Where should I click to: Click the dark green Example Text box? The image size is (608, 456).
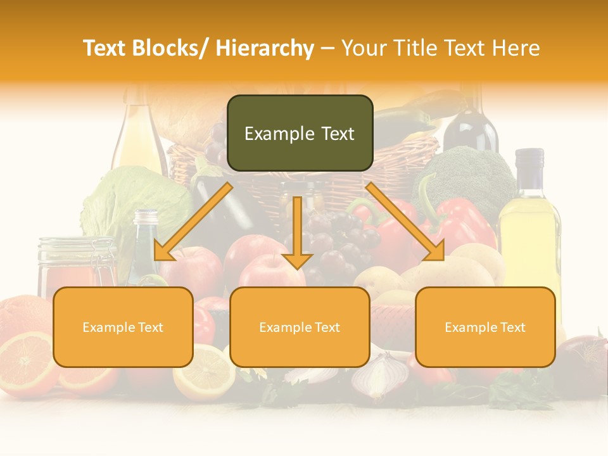[x=300, y=133]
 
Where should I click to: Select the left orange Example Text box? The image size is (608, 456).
[x=123, y=327]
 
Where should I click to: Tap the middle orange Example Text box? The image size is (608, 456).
[x=300, y=327]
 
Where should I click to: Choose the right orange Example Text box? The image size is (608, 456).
[x=485, y=327]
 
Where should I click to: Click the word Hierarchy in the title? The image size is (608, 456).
[x=265, y=48]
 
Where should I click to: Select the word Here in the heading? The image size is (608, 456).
[x=516, y=48]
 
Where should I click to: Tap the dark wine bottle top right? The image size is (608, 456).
[x=470, y=123]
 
